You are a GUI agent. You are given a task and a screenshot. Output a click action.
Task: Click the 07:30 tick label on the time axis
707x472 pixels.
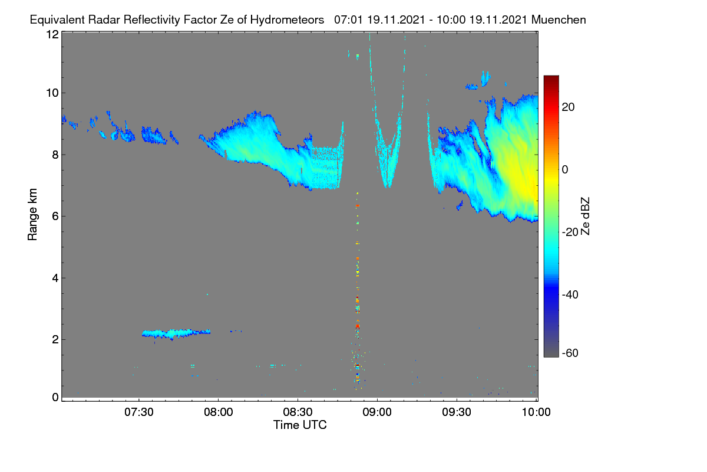pos(139,412)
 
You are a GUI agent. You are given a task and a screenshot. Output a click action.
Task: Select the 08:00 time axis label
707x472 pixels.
pos(219,412)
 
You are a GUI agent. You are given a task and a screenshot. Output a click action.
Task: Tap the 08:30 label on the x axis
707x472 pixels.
pos(298,412)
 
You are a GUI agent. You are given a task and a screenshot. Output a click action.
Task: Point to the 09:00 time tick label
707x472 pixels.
pos(377,412)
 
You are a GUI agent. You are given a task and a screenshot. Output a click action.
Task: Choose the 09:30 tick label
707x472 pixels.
pos(457,412)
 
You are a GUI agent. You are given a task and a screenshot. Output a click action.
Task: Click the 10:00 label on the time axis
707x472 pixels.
pos(536,412)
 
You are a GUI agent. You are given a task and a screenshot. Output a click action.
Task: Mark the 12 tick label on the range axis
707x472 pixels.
pos(52,34)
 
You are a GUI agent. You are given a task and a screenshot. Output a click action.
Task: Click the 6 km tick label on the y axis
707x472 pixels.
pos(55,217)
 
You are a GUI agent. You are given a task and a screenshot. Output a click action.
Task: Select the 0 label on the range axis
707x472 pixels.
pos(55,398)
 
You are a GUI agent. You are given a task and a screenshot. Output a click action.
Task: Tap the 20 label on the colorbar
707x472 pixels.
pos(568,107)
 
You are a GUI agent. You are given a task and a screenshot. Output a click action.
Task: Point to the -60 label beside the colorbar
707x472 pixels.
pos(570,353)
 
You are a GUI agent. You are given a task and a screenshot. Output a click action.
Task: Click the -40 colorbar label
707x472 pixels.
pos(570,295)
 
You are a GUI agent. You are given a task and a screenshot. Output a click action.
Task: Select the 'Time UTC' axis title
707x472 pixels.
pos(300,425)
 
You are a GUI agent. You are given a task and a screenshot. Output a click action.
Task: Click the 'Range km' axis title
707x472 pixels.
pos(32,214)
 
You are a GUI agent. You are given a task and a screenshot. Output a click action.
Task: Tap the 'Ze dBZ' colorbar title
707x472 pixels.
pos(585,217)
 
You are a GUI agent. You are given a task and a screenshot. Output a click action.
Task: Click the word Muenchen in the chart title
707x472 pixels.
pos(559,20)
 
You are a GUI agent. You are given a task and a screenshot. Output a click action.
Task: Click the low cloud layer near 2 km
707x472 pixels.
pos(176,333)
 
